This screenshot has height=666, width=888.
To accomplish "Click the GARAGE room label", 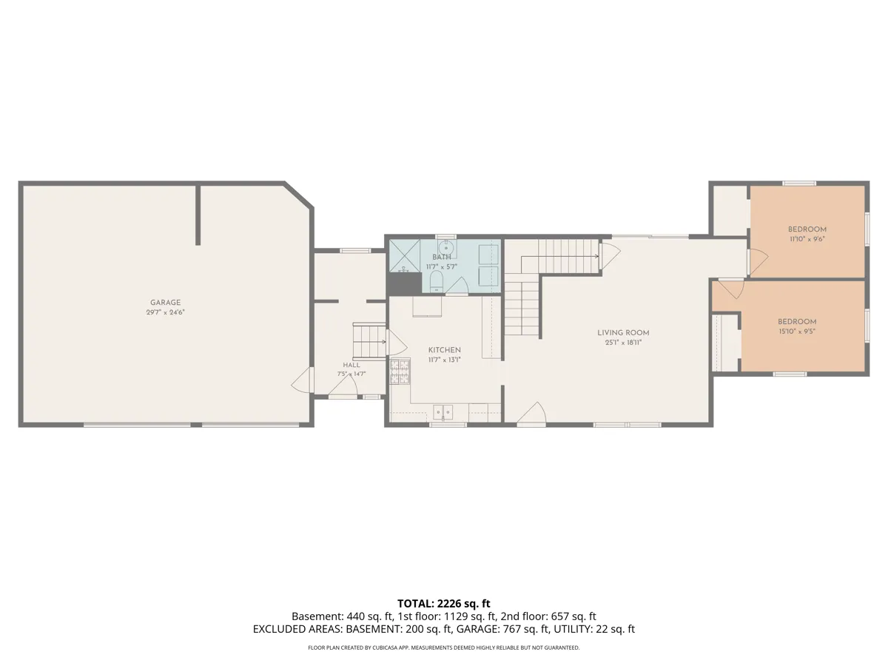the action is (165, 303).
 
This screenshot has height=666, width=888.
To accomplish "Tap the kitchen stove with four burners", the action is (400, 371).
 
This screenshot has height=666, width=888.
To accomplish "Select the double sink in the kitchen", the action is (443, 412).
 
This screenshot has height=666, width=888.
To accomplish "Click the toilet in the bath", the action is (436, 281).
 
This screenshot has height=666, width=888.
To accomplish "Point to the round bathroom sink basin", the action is (445, 246).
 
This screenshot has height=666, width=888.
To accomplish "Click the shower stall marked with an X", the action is (405, 255).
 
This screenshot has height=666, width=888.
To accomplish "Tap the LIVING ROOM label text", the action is (623, 333).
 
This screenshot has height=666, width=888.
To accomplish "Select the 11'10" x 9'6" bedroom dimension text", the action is (807, 239).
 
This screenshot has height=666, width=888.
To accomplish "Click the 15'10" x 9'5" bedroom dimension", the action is (796, 332).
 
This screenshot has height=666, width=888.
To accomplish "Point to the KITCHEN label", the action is (444, 350).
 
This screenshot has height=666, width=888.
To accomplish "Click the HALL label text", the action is (351, 365).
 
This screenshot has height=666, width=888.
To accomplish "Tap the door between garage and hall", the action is (303, 380).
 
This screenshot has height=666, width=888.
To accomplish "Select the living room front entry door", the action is (531, 413).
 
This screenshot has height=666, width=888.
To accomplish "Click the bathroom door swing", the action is (457, 286).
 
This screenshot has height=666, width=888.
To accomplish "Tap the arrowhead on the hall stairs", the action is (383, 342).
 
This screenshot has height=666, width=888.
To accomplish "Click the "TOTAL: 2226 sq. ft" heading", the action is (443, 603).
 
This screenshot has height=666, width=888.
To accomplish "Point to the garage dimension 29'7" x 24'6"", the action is (165, 312).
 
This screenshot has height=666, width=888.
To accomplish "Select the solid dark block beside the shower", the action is (405, 284).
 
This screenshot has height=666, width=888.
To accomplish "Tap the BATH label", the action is (441, 258).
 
